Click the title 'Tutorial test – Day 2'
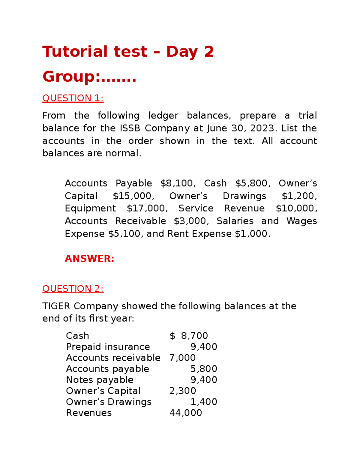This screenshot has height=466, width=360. [x=128, y=52]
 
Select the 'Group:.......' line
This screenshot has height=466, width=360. [x=89, y=77]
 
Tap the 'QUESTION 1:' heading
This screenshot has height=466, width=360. [x=73, y=98]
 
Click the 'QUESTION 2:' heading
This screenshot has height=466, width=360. [x=73, y=289]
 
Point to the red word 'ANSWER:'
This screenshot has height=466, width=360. [x=89, y=259]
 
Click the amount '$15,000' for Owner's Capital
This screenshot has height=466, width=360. [x=133, y=196]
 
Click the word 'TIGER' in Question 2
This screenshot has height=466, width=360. [x=56, y=306]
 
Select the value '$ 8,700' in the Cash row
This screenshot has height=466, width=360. [x=189, y=335]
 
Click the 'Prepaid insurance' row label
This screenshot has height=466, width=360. [x=108, y=347]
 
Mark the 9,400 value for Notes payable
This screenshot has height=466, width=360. [x=204, y=380]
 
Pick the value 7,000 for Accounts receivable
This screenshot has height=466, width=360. [x=182, y=358]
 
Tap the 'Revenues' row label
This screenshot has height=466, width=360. [x=89, y=413]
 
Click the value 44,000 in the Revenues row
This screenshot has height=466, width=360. [x=186, y=413]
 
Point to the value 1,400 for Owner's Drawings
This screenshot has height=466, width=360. [x=204, y=402]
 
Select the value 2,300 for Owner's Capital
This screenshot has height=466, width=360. [x=182, y=391]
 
